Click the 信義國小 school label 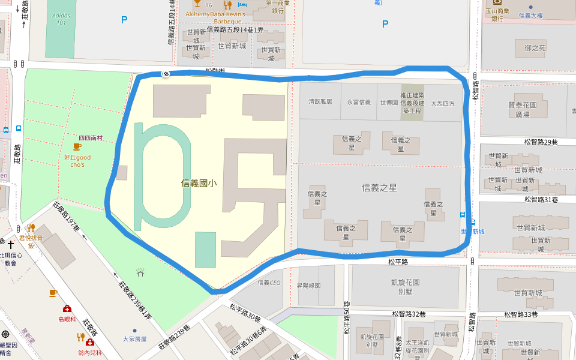pos(199,183)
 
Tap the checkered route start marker pos(165,74)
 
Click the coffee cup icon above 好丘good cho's pos(77,146)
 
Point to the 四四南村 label pos(91,138)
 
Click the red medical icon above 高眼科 pos(67,308)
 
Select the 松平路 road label pos(398,262)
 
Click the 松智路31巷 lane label pos(541,199)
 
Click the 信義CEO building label pos(269,283)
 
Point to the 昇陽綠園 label pos(309,286)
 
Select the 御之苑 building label pos(535,47)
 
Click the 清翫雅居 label pos(320,102)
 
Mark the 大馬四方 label pos(443,103)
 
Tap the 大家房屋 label pos(134,338)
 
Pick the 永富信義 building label pos(359,102)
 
